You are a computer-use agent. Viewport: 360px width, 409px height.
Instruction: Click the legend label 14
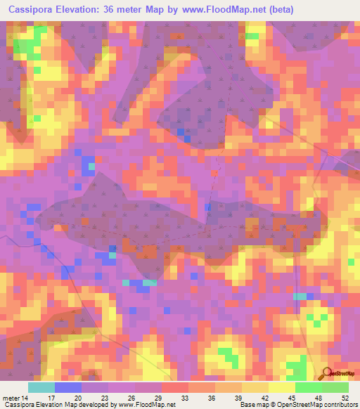pos(25,398)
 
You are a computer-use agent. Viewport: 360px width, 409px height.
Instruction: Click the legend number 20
pos(81,398)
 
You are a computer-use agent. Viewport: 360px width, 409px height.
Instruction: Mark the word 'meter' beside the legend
pos(11,398)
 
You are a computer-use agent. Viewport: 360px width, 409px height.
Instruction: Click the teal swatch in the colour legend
pos(41,387)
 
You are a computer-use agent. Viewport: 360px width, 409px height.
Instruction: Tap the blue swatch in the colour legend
pos(68,387)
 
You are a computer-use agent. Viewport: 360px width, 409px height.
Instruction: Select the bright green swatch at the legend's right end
pos(335,387)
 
